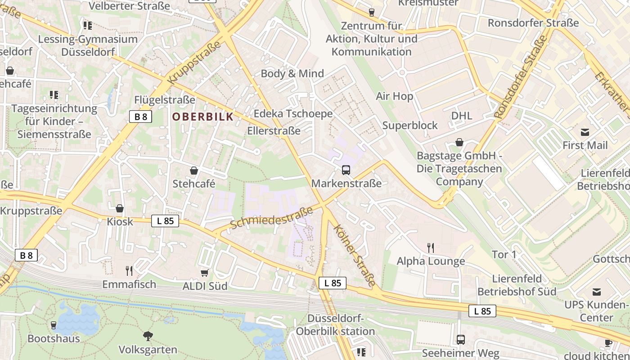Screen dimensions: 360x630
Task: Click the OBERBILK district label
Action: (x=203, y=117)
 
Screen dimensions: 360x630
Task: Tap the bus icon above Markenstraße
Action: (x=346, y=170)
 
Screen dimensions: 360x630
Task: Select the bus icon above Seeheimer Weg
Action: (x=460, y=340)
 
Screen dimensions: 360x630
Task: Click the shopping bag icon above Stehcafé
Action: (x=194, y=171)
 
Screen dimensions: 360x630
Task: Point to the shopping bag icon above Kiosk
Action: (x=120, y=208)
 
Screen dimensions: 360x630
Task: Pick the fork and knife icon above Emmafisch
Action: (x=129, y=270)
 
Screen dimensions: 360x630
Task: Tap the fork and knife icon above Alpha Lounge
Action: (x=431, y=247)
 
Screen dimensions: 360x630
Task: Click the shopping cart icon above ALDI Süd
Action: (x=205, y=273)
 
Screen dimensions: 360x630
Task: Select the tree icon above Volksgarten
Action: (x=148, y=336)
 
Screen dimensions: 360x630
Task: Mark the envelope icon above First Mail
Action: (x=585, y=132)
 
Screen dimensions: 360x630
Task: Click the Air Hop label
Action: (x=395, y=96)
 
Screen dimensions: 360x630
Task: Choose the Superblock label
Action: (x=410, y=125)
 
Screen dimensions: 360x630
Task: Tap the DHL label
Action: (x=462, y=116)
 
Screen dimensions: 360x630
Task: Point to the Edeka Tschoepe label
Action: (x=293, y=113)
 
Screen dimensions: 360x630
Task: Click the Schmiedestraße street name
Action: (x=271, y=218)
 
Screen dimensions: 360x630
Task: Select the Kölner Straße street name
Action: (x=355, y=255)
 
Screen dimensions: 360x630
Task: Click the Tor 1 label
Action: (x=504, y=255)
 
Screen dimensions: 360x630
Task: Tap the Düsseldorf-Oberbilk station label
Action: (x=335, y=325)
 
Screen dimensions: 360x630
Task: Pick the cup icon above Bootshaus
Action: (x=54, y=325)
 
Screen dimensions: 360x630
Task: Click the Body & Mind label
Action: (x=292, y=73)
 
